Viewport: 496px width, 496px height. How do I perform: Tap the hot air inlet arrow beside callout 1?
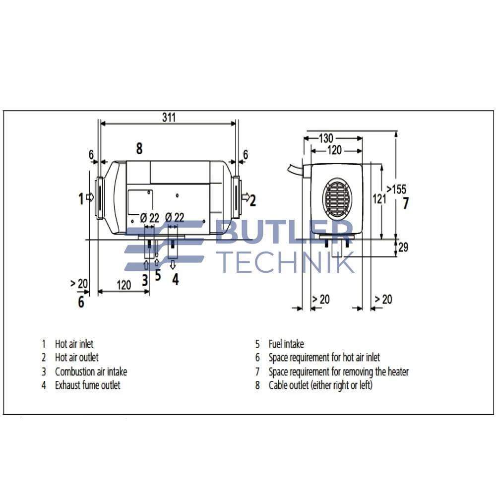point(90,197)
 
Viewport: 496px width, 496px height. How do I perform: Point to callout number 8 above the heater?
point(139,148)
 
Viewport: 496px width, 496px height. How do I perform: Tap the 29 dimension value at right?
point(403,247)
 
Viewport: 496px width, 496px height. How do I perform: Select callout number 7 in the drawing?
point(406,203)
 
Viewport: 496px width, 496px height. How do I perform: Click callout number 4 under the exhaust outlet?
point(175,279)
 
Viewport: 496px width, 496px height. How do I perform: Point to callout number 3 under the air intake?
point(145,280)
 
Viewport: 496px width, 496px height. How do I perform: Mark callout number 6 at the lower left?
point(81,301)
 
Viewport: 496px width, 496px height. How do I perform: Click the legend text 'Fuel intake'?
point(286,344)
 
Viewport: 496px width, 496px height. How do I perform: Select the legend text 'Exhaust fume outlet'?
point(87,385)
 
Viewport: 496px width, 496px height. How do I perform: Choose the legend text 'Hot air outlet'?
point(76,357)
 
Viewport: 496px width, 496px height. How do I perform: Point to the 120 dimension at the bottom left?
point(124,285)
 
